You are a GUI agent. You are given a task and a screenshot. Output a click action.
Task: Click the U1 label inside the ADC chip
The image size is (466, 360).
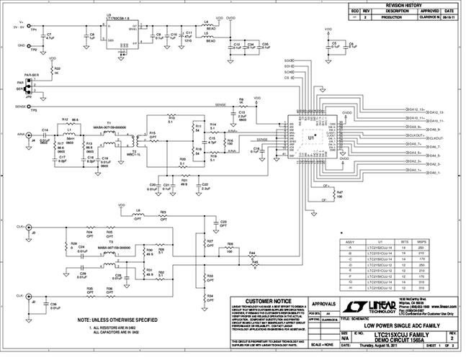(x=311, y=135)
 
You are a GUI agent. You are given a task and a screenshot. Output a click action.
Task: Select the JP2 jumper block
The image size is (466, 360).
(x=30, y=87)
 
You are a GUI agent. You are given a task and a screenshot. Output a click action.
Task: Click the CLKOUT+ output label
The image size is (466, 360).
(x=439, y=135)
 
